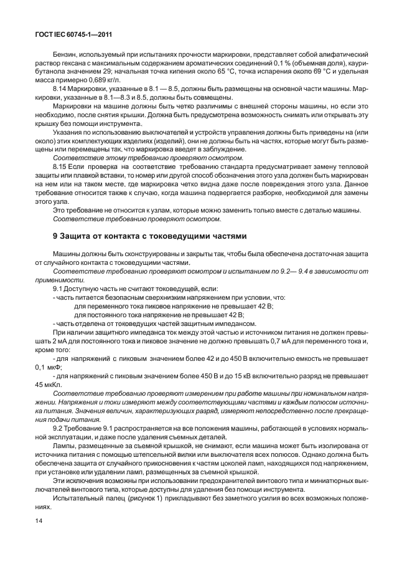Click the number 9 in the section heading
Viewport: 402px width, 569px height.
click(x=56, y=236)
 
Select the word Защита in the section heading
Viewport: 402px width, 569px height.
click(x=78, y=236)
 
